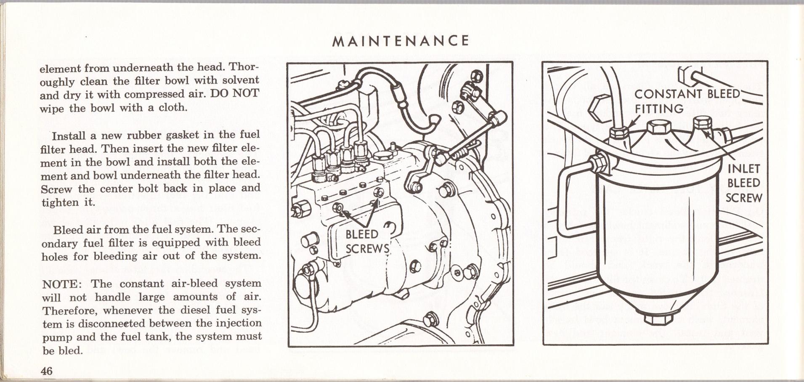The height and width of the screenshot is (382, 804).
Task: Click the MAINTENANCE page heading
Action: (x=400, y=41)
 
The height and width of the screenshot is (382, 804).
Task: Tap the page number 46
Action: (x=47, y=371)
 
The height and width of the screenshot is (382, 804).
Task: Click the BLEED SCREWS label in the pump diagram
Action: (x=367, y=241)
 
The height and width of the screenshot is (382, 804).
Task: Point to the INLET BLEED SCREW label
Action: (x=743, y=183)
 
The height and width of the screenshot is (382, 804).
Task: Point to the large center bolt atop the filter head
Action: (x=658, y=129)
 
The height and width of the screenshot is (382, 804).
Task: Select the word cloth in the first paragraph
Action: (x=172, y=108)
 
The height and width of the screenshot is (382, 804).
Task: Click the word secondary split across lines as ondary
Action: (x=60, y=244)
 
